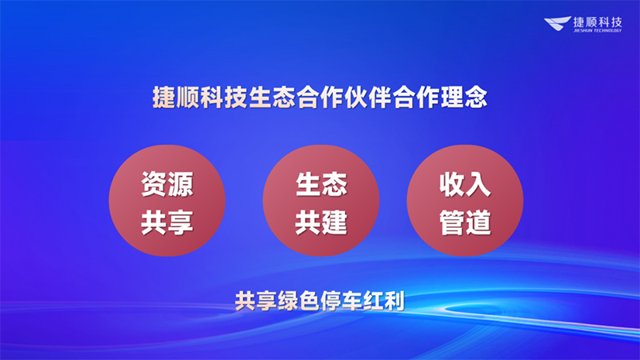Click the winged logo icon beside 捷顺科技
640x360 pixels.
coord(558,25)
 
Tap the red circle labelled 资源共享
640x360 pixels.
coord(167,200)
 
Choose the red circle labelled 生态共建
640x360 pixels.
coord(321,200)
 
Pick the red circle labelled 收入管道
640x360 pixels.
coord(465,200)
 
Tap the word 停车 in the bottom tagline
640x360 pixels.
coord(334,302)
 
